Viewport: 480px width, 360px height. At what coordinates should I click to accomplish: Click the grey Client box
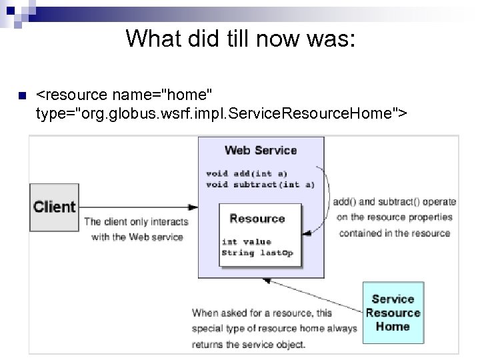tap(55, 207)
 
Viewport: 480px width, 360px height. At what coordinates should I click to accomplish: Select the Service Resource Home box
tap(393, 313)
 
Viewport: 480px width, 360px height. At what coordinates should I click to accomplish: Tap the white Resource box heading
tap(257, 219)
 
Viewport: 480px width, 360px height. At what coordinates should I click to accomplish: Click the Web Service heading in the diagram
tap(261, 150)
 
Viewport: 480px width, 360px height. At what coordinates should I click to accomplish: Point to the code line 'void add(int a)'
tap(246, 173)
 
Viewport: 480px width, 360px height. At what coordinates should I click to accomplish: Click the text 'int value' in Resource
tap(247, 242)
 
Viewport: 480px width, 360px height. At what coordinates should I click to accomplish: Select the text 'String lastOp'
tap(257, 253)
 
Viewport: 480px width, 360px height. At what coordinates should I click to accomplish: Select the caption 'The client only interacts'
tap(136, 222)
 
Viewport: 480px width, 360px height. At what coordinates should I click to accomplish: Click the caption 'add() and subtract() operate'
tap(394, 201)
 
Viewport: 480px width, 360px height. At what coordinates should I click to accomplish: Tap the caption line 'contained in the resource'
tap(394, 233)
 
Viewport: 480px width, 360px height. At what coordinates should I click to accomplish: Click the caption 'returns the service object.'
tap(249, 345)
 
